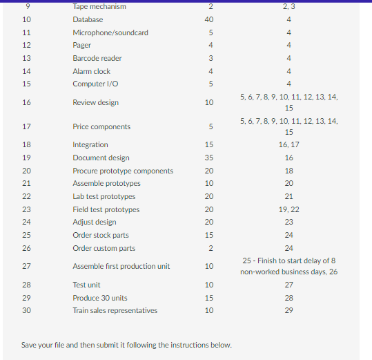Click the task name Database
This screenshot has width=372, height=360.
[88, 19]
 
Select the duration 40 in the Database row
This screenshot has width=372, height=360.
[209, 19]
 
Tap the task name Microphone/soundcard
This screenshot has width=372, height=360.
[110, 32]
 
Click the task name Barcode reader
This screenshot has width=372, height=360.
[97, 58]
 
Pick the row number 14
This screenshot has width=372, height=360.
[26, 71]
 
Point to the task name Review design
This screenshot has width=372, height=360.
[95, 102]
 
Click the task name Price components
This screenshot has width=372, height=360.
[101, 126]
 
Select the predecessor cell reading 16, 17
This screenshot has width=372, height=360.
[288, 144]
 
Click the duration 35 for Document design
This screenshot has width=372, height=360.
[209, 158]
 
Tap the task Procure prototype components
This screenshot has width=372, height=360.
[123, 171]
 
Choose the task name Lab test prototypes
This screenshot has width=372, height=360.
[104, 196]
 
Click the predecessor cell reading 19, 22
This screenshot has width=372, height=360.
[288, 209]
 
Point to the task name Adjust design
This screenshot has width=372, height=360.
[95, 222]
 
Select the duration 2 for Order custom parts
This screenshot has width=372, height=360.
[209, 248]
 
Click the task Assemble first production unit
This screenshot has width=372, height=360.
[121, 266]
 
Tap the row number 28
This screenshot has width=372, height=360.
[26, 285]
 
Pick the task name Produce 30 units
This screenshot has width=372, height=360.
[100, 298]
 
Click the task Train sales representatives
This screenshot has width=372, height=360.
[115, 310]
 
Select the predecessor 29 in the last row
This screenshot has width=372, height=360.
[288, 310]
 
